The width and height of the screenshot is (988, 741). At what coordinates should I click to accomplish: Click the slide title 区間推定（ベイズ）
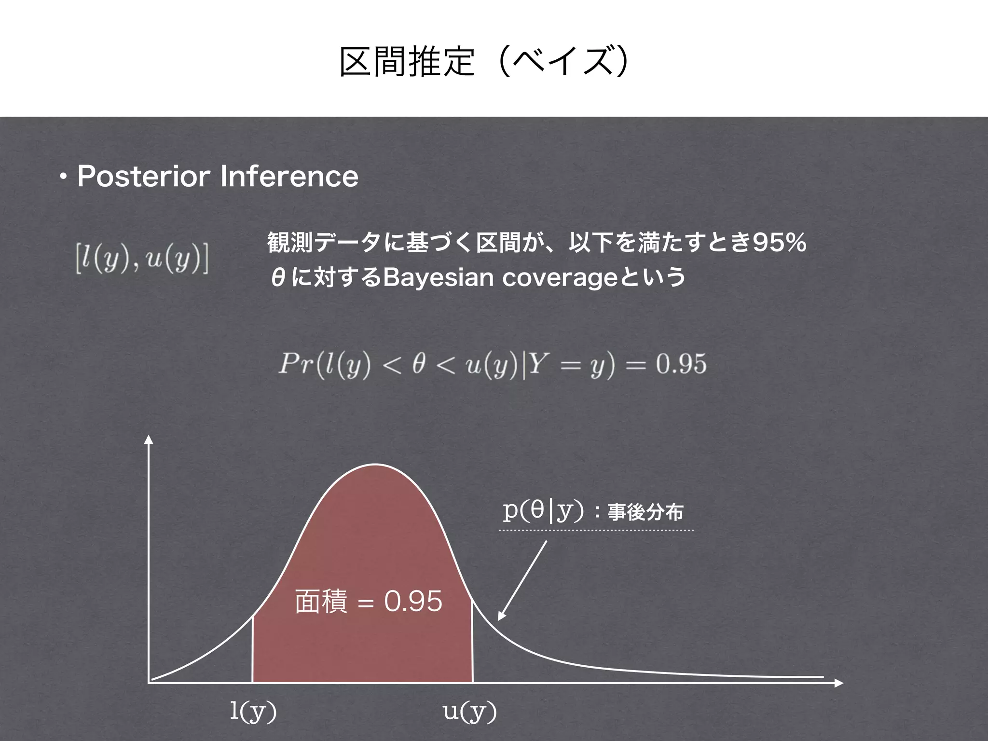pyautogui.click(x=484, y=62)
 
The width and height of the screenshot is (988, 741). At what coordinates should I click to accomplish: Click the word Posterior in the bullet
pyautogui.click(x=143, y=176)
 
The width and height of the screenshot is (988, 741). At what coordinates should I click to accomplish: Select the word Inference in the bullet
pyautogui.click(x=289, y=176)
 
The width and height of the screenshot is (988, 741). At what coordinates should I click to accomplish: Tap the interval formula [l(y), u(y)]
pyautogui.click(x=142, y=260)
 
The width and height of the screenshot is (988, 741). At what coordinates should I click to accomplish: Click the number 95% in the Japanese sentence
pyautogui.click(x=780, y=242)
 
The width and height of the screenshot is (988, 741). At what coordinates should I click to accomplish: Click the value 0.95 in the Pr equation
pyautogui.click(x=681, y=364)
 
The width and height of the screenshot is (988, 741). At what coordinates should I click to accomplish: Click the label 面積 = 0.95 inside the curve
pyautogui.click(x=368, y=602)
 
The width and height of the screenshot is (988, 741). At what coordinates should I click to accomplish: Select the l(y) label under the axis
pyautogui.click(x=253, y=711)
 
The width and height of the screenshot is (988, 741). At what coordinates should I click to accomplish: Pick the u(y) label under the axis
pyautogui.click(x=469, y=711)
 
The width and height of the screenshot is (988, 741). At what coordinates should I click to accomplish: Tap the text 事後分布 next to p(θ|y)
pyautogui.click(x=645, y=512)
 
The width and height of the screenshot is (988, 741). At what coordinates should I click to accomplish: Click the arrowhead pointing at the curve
pyautogui.click(x=502, y=616)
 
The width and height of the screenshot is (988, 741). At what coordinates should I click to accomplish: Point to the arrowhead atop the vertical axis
pyautogui.click(x=149, y=439)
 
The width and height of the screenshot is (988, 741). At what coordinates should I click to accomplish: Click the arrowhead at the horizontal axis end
pyautogui.click(x=839, y=683)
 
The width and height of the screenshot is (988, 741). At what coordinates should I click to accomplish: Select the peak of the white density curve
pyautogui.click(x=375, y=464)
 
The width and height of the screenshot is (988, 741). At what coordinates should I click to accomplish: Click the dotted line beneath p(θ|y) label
pyautogui.click(x=596, y=530)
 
